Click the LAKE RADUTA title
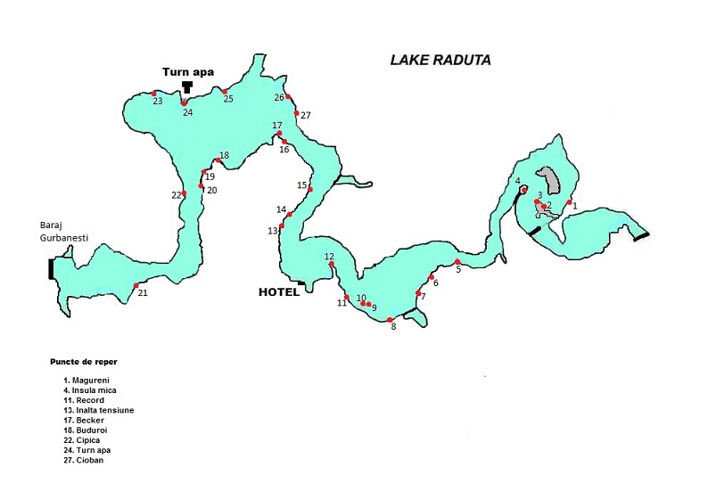coord(440,61)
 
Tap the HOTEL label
coord(278,291)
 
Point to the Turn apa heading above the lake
coord(187,72)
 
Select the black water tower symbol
coord(187,86)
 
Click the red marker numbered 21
coord(136,286)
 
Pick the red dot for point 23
coord(154,93)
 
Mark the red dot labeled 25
coord(225,91)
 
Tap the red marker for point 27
coord(297,113)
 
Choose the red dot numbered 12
coord(332,265)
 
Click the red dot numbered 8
coord(391,319)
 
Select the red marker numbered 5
coord(457,262)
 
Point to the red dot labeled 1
coord(569,202)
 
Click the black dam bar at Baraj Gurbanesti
coord(52,268)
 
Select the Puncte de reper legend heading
coord(84,362)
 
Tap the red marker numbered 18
coord(218,160)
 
